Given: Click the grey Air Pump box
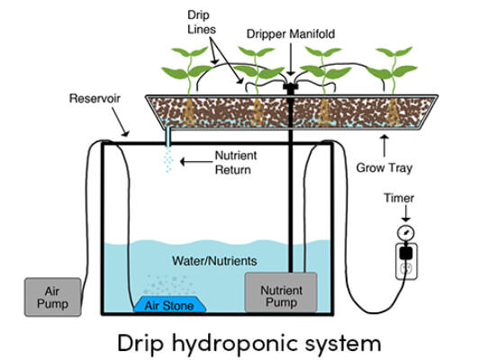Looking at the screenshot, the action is pyautogui.click(x=53, y=297).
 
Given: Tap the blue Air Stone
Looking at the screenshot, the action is pyautogui.click(x=169, y=304).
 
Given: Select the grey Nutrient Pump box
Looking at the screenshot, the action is pyautogui.click(x=281, y=292).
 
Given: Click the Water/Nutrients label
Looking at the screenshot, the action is pyautogui.click(x=214, y=261).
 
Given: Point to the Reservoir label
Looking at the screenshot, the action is pyautogui.click(x=95, y=98).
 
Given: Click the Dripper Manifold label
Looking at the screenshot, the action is pyautogui.click(x=291, y=33).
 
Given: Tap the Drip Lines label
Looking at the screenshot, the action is pyautogui.click(x=202, y=22).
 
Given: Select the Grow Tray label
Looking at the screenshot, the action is pyautogui.click(x=385, y=167).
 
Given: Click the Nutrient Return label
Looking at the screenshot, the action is pyautogui.click(x=236, y=163).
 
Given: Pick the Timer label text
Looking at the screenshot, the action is pyautogui.click(x=399, y=198).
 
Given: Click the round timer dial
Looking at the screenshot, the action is pyautogui.click(x=405, y=233).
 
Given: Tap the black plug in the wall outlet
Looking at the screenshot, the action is pyautogui.click(x=406, y=253).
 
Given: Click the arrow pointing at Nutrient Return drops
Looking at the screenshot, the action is pyautogui.click(x=196, y=162).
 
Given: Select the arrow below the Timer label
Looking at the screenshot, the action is pyautogui.click(x=405, y=213).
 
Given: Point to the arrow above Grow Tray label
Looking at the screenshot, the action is pyautogui.click(x=385, y=146).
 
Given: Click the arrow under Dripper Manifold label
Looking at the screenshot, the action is pyautogui.click(x=291, y=59).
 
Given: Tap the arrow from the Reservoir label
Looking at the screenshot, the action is pyautogui.click(x=121, y=121).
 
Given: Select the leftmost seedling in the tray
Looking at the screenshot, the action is pyautogui.click(x=187, y=70).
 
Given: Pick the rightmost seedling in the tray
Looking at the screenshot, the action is pyautogui.click(x=393, y=70).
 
